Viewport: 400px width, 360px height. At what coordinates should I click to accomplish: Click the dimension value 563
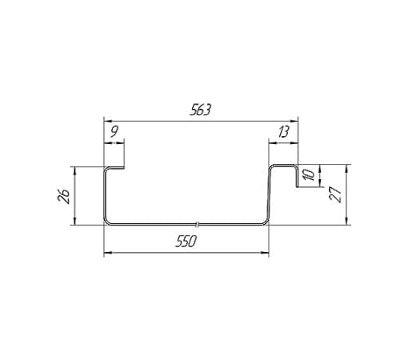coord(200,110)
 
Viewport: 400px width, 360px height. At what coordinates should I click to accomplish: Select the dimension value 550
coord(186,242)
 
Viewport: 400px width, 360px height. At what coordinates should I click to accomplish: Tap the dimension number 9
coord(114,132)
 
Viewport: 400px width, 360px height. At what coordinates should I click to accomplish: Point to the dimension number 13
coord(283,132)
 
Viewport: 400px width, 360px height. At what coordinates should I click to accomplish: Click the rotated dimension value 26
coord(63,197)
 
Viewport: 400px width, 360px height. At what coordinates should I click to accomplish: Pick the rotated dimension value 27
coord(335,194)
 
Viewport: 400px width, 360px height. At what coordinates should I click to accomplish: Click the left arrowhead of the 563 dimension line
coord(108,121)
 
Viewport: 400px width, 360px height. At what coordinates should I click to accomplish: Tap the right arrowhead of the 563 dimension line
coord(294,121)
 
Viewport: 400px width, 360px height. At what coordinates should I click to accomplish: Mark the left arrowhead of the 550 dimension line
coord(108,252)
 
